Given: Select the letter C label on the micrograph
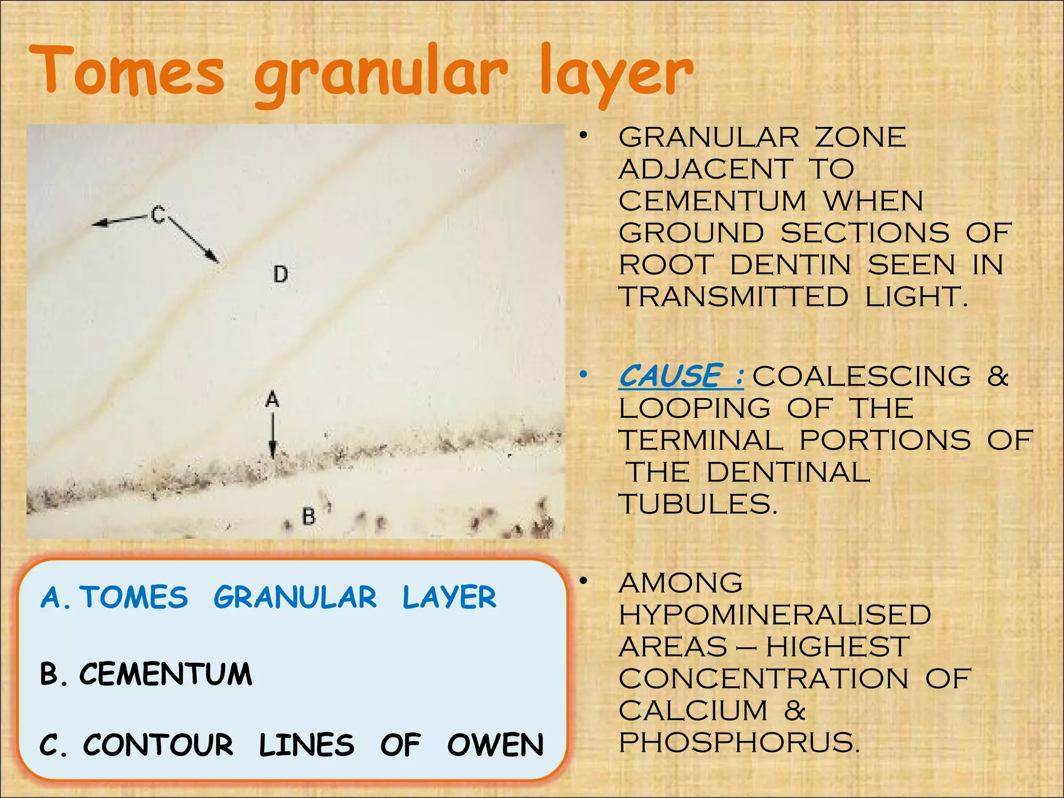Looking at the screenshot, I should [x=158, y=214].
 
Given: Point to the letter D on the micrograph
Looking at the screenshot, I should [x=281, y=274].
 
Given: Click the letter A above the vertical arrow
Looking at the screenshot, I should [x=272, y=400].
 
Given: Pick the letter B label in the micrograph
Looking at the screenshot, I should [x=309, y=516].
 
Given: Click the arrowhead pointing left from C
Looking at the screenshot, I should [x=99, y=223].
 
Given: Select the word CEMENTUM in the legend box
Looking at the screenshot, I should [x=166, y=674].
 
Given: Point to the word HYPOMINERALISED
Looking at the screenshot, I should [x=775, y=615].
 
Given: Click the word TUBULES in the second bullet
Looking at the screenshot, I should [x=698, y=504].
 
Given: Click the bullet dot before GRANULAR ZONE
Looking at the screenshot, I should [x=584, y=136].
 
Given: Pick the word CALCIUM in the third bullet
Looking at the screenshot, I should [x=693, y=710].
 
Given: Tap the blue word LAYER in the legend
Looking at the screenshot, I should [x=449, y=597].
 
